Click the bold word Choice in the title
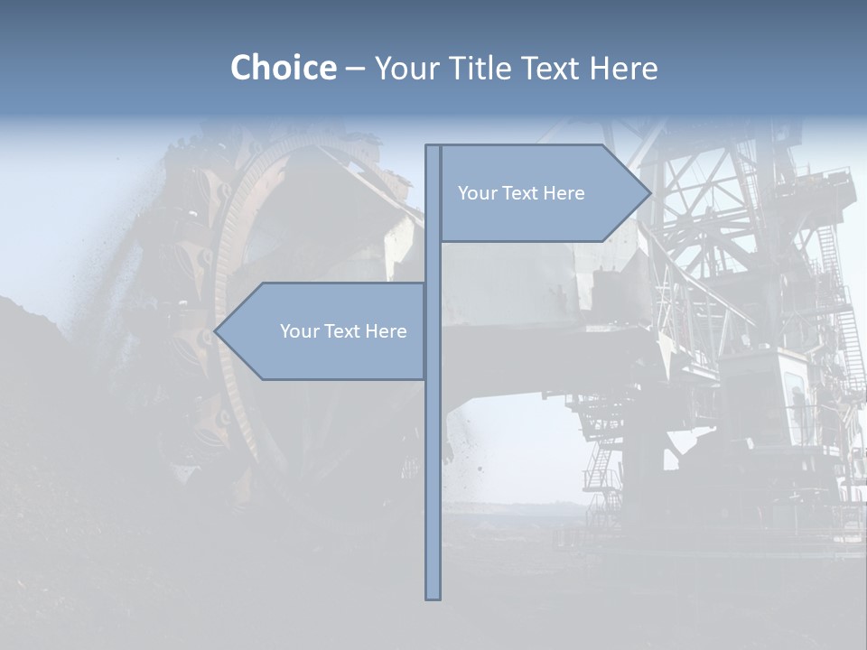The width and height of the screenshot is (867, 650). tap(283, 69)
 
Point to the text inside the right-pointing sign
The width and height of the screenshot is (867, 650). tap(521, 193)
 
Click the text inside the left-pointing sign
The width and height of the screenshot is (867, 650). tap(343, 331)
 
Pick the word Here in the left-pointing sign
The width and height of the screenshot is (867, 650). tap(386, 331)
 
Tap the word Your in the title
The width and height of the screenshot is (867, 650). tap(406, 69)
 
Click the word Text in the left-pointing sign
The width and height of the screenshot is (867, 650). tap(342, 331)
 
